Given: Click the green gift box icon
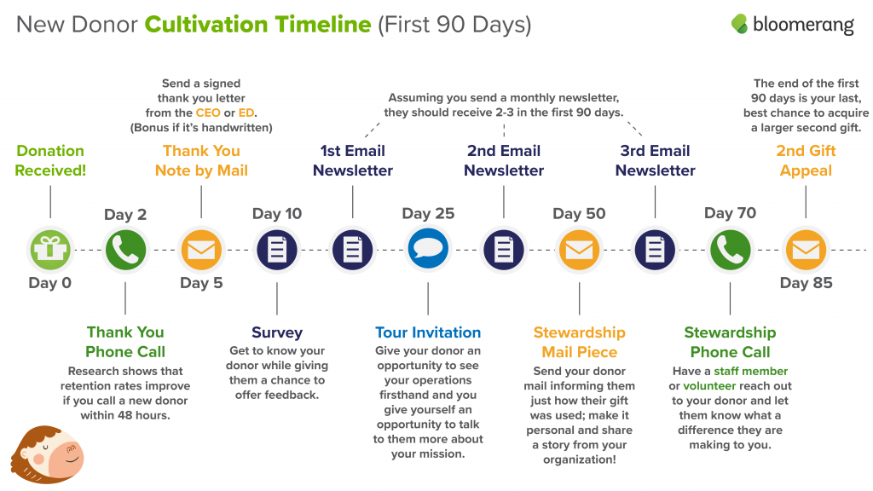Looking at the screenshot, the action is (x=50, y=250).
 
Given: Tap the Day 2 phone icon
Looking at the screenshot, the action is (x=125, y=250).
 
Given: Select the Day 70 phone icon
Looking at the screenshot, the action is (x=730, y=250).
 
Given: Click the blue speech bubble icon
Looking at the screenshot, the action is (x=428, y=249).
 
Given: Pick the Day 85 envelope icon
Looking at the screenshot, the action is (x=806, y=250).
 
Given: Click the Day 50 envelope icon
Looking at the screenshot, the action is (x=579, y=250).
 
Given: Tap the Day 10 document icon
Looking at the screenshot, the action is (x=277, y=250).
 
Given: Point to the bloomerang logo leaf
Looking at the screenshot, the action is (x=739, y=23).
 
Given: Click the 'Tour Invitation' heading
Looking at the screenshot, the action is (x=428, y=332).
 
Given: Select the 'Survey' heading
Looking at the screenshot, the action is (x=277, y=333).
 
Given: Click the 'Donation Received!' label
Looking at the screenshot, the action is (x=50, y=160).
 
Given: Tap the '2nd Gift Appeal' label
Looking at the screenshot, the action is (x=806, y=160).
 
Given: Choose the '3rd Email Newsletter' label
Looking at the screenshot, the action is (x=655, y=160).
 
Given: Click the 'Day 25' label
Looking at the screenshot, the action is (x=428, y=213).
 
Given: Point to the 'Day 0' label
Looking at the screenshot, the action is (x=50, y=283).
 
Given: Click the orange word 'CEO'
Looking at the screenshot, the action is (x=208, y=113).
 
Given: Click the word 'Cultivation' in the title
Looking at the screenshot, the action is (x=257, y=25).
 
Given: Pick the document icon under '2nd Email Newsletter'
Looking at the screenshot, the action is (x=503, y=250).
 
